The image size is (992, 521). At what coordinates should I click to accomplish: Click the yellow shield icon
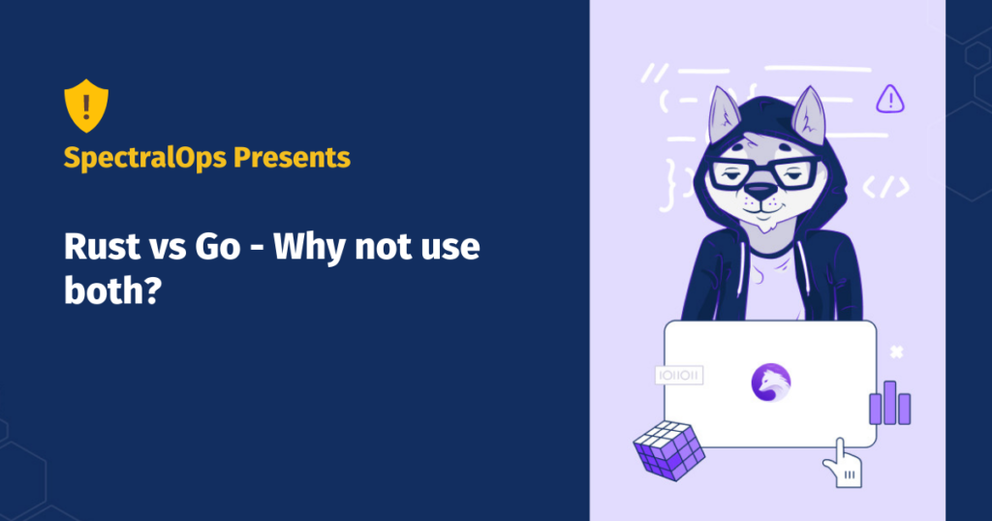pyautogui.click(x=86, y=106)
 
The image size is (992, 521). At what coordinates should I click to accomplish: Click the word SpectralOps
pyautogui.click(x=145, y=158)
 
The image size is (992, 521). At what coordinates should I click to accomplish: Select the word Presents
pyautogui.click(x=292, y=157)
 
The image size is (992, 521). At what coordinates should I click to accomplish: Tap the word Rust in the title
pyautogui.click(x=101, y=246)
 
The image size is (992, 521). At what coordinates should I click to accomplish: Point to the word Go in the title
pyautogui.click(x=218, y=246)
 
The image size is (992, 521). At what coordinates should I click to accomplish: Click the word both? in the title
pyautogui.click(x=112, y=291)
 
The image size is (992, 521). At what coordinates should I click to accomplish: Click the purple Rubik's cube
pyautogui.click(x=669, y=450)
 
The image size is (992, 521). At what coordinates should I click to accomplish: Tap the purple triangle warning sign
pyautogui.click(x=890, y=99)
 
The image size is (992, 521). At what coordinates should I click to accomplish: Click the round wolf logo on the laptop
pyautogui.click(x=770, y=383)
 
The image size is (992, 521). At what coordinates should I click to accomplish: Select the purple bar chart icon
pyautogui.click(x=890, y=403)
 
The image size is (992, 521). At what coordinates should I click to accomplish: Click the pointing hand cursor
pyautogui.click(x=843, y=464)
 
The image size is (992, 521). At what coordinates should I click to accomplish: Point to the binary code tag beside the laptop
pyautogui.click(x=679, y=375)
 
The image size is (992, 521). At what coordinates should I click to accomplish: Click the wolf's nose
pyautogui.click(x=759, y=190)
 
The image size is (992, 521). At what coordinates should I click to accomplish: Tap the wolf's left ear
pyautogui.click(x=725, y=114)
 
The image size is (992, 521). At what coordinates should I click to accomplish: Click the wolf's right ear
pyautogui.click(x=809, y=114)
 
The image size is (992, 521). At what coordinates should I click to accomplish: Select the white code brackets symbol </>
pyautogui.click(x=886, y=187)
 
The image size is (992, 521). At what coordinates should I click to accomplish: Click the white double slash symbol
pyautogui.click(x=654, y=73)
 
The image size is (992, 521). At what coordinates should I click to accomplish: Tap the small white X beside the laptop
pyautogui.click(x=896, y=352)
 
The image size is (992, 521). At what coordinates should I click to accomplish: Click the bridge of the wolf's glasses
pyautogui.click(x=763, y=170)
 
